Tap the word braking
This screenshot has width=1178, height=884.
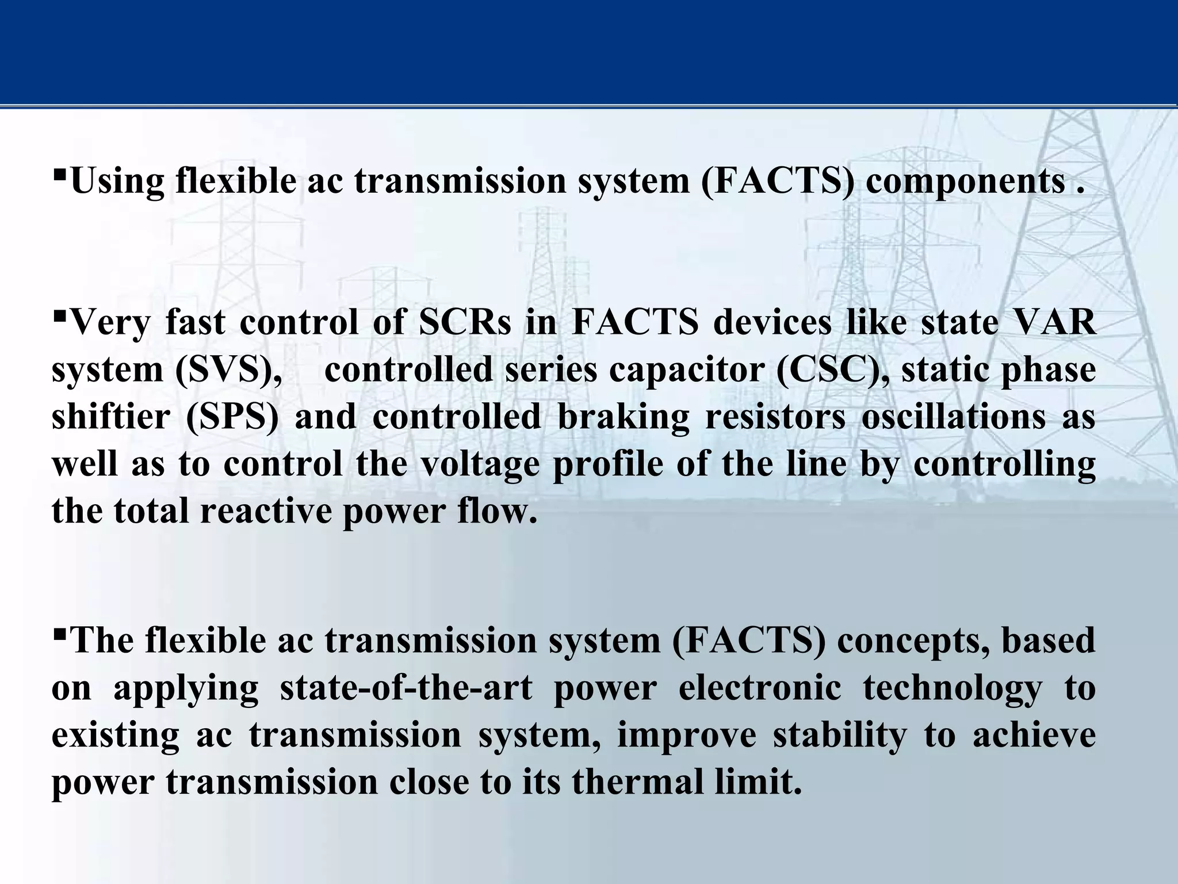(x=623, y=417)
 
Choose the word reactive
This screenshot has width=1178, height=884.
(x=266, y=511)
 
